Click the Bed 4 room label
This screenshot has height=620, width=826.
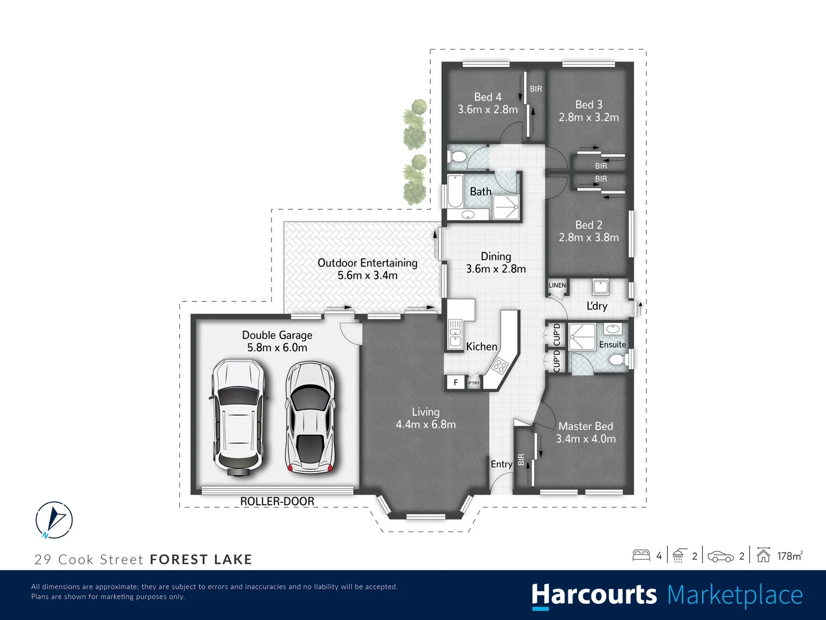coord(488,97)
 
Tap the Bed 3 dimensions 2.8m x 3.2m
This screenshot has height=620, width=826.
coord(589,117)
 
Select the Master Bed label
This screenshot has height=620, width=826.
coord(586,426)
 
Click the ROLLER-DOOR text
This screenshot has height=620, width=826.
coord(277,501)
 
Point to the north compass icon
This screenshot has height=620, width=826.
coord(54,520)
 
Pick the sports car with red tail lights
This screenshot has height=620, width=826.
coord(310,418)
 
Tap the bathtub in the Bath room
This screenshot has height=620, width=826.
coord(454,191)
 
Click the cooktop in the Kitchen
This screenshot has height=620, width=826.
coord(500,365)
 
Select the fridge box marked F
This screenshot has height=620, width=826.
coord(456,382)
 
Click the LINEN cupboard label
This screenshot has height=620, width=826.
coord(557,285)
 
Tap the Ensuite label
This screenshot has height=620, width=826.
coord(612,344)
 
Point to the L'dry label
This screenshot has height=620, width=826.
coord(597,306)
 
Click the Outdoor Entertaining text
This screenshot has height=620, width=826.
coord(367,263)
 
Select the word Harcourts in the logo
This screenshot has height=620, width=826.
coord(594,595)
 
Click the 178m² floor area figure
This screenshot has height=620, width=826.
coord(789,556)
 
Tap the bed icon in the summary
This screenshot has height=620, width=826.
coord(641,555)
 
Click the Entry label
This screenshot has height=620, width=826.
coord(501,464)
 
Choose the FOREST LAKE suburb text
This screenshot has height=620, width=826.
coord(201,559)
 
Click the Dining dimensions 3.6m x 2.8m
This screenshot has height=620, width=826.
coord(496,269)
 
